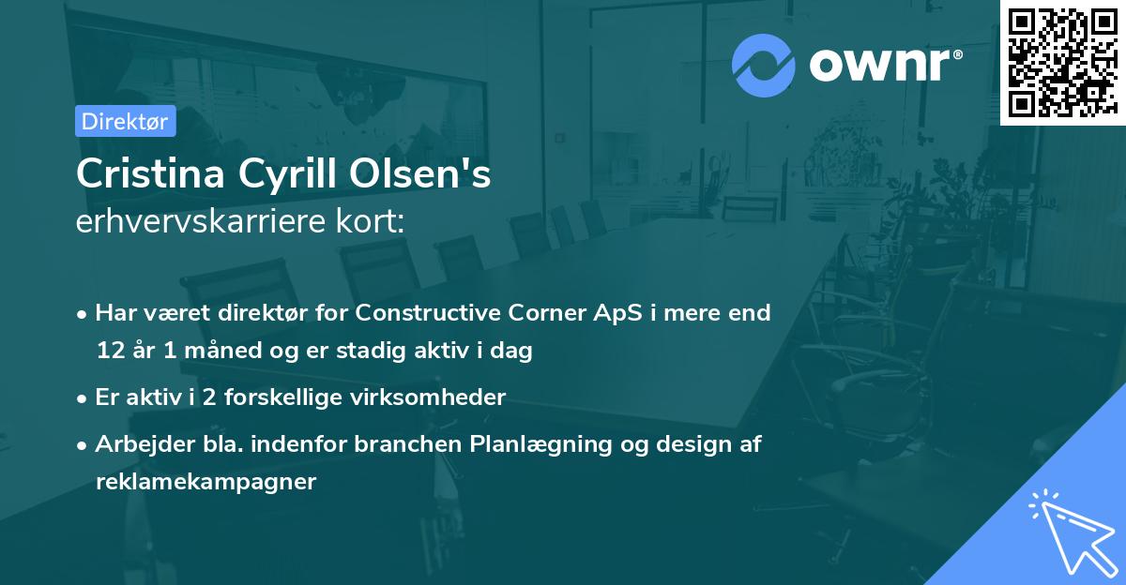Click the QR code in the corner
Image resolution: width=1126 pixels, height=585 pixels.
click(1062, 62)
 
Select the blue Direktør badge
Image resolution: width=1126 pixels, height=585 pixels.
click(125, 121)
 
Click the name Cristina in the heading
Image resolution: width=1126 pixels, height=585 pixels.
click(142, 175)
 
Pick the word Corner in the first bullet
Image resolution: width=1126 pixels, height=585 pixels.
click(548, 312)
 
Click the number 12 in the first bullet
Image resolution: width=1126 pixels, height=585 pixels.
click(108, 352)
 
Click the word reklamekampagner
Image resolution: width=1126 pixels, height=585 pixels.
click(206, 482)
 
